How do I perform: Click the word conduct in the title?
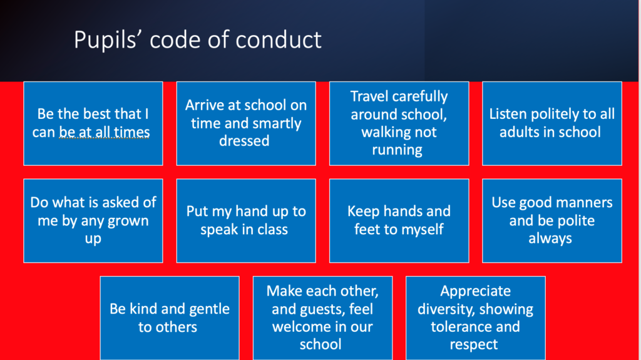point(279,39)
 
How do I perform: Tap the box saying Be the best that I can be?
point(93,123)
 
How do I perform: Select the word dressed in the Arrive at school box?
point(244,141)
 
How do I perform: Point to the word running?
point(397,150)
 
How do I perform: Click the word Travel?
point(369,96)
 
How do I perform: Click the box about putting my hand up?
point(246,221)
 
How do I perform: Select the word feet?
point(367,229)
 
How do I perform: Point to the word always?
point(550,239)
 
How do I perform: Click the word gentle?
point(209,309)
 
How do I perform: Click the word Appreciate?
point(476,291)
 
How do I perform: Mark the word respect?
point(474,345)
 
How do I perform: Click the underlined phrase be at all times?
point(105,132)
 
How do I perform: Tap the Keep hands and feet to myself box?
point(399,221)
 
